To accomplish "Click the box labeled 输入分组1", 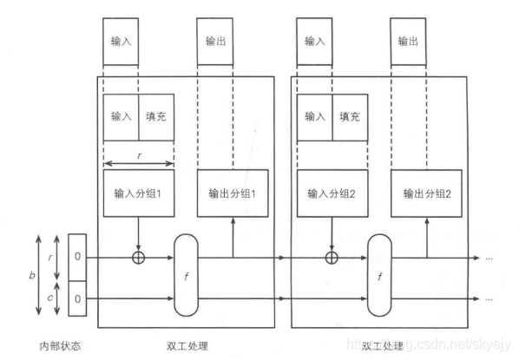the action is click(x=139, y=193).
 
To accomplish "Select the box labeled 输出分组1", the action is click(x=233, y=193).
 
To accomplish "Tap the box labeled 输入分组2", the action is click(x=332, y=193).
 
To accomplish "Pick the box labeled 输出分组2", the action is click(x=426, y=193).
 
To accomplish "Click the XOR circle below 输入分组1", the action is click(x=138, y=258).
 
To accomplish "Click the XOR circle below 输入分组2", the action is click(x=332, y=258).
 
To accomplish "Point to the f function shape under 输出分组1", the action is click(x=186, y=275).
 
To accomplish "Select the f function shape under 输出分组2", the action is click(x=379, y=275).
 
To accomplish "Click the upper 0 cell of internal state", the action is click(x=77, y=258).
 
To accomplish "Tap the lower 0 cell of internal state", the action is click(x=77, y=298).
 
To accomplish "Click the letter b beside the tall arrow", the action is click(x=32, y=275).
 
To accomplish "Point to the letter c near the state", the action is click(x=50, y=298).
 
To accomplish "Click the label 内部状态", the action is click(x=60, y=346).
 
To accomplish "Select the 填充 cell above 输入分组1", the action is click(x=156, y=117).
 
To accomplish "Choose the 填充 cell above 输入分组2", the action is click(x=350, y=117).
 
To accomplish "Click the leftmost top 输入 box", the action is click(x=121, y=42).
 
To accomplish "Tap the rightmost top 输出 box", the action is click(x=408, y=42).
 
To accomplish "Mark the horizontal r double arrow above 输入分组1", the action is click(x=139, y=163).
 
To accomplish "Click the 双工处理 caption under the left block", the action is click(x=187, y=346).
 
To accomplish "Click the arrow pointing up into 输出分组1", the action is click(x=233, y=237).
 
